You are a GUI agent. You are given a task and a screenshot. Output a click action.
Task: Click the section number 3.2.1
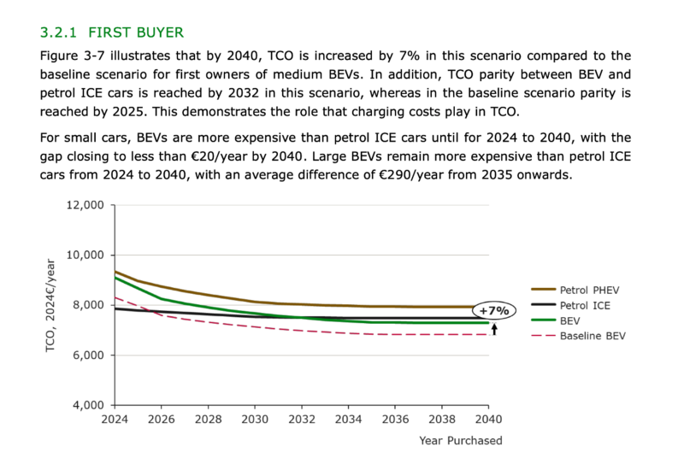58,32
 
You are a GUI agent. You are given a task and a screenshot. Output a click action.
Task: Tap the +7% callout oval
493,310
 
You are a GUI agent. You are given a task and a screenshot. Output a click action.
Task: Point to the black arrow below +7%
493,327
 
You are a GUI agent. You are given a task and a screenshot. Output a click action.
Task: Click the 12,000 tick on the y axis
85,205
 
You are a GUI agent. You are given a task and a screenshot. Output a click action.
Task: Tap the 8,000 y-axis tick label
89,305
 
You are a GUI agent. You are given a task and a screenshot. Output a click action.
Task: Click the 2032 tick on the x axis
300,420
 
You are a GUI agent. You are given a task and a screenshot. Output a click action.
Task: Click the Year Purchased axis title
460,441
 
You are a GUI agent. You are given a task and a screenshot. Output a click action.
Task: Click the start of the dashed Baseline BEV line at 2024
115,297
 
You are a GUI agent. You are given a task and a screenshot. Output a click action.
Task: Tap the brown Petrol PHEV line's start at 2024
115,272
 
